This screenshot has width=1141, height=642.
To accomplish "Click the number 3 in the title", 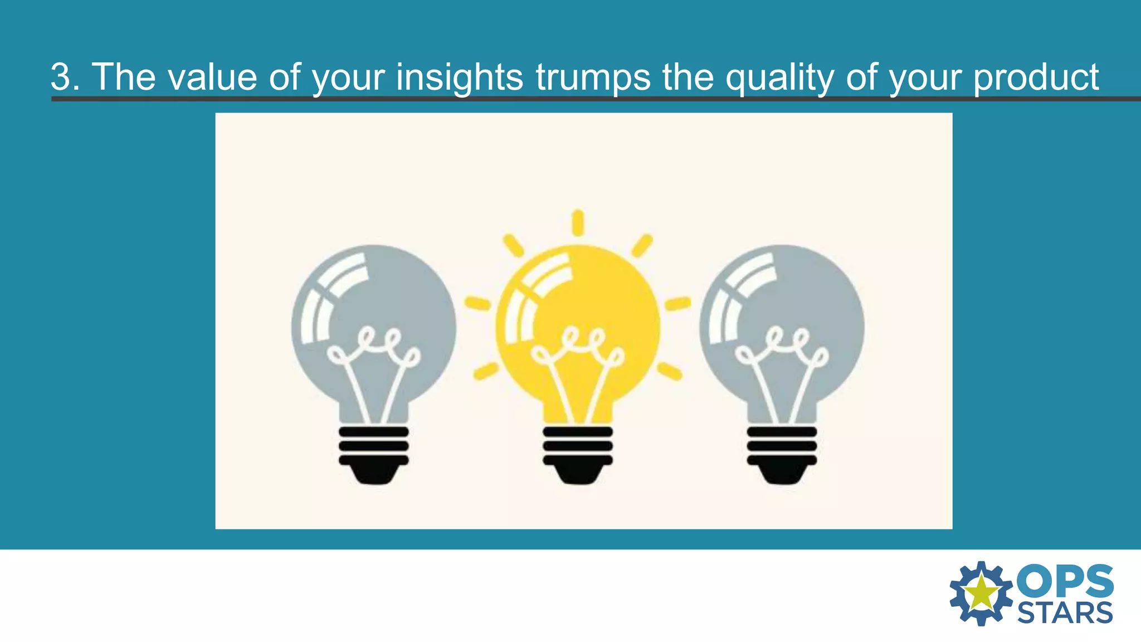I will [62, 77].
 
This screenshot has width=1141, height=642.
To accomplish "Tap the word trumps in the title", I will [593, 77].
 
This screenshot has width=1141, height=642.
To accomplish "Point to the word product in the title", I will [1036, 77].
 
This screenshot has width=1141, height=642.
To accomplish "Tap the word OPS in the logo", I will [1065, 581].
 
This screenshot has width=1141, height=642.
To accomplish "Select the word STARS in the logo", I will [1065, 613].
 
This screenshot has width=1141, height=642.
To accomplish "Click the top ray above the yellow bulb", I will [578, 222].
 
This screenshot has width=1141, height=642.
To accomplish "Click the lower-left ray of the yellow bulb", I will [486, 371].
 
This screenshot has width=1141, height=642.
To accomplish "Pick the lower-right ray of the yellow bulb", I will [669, 371].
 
